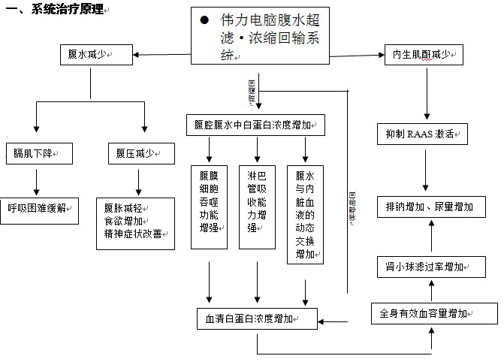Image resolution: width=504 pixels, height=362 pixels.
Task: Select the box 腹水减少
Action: (96, 54)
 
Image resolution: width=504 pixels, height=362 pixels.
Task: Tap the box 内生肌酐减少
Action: (422, 55)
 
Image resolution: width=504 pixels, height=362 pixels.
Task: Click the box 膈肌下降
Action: (38, 153)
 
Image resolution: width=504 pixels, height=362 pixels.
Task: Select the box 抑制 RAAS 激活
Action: (422, 135)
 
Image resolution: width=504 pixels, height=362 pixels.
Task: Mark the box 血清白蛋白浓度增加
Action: (256, 318)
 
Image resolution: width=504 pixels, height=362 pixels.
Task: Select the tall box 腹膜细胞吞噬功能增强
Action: (209, 207)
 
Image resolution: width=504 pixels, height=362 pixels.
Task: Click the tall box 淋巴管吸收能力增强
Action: (257, 207)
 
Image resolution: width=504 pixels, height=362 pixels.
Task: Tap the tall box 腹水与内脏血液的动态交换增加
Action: (305, 213)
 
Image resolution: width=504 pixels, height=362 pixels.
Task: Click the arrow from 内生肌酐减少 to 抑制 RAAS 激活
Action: (427, 94)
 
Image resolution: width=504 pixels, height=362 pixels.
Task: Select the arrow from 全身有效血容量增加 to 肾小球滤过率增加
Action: (431, 290)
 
